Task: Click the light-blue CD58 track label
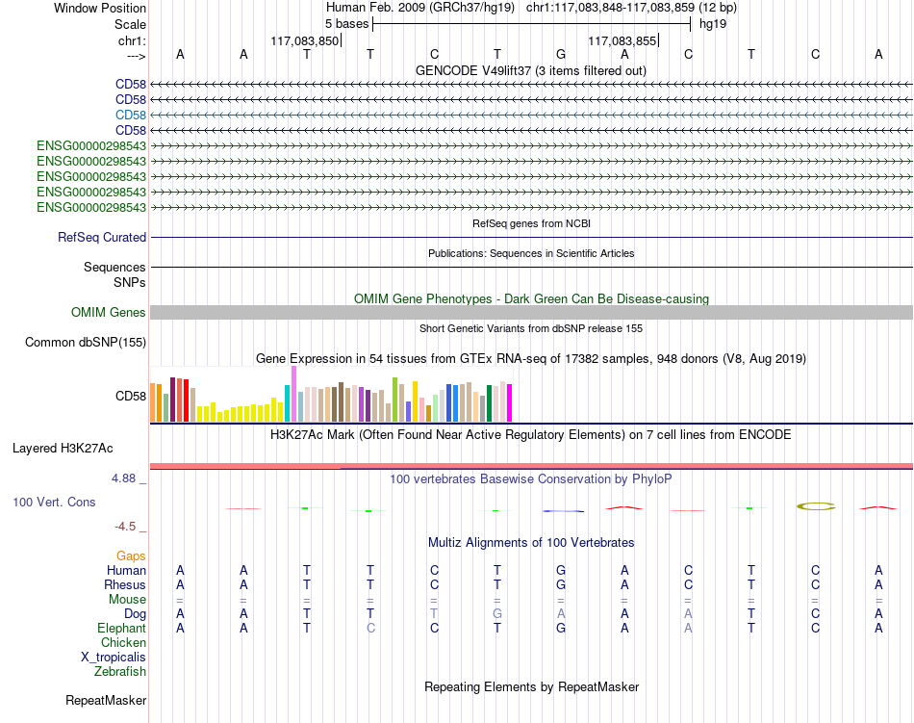(131, 115)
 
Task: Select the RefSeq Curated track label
(102, 237)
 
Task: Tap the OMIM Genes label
(108, 313)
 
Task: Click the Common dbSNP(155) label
(85, 343)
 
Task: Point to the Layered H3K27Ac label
(63, 449)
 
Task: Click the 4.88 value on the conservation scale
(123, 478)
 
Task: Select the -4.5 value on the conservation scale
(125, 527)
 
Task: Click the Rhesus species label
(125, 584)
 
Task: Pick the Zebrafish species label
(120, 672)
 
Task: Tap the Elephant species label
(121, 628)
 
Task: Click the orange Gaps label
(131, 556)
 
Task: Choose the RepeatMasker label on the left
(106, 700)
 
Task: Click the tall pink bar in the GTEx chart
(293, 394)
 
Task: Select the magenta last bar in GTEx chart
(509, 403)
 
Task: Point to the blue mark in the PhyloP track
(563, 511)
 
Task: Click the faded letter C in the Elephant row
(370, 629)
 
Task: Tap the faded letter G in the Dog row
(497, 614)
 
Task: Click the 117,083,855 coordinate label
(622, 40)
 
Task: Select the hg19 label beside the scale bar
(713, 24)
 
